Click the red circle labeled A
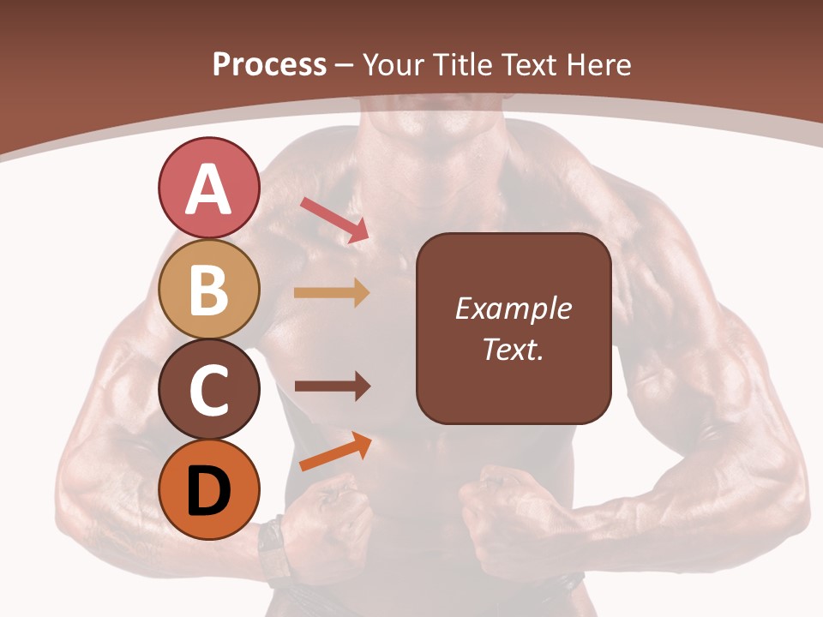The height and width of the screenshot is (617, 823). (x=208, y=189)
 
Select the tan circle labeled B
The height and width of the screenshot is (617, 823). (x=208, y=290)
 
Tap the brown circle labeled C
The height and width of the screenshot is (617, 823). (x=208, y=390)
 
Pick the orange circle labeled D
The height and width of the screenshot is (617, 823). (x=208, y=490)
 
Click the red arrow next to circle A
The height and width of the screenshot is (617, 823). (x=335, y=219)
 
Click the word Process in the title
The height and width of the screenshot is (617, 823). (x=270, y=64)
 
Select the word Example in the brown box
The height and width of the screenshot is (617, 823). (x=514, y=308)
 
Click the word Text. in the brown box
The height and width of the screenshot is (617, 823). (x=514, y=349)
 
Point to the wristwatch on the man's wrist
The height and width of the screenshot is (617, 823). (x=273, y=548)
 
